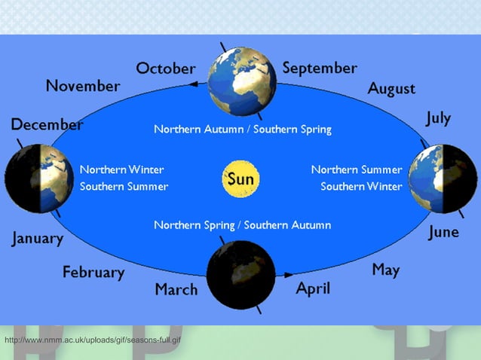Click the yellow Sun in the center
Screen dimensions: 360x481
(x=241, y=179)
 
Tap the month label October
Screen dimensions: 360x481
(x=165, y=69)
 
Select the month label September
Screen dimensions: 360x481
(x=320, y=69)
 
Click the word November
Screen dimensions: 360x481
(x=82, y=86)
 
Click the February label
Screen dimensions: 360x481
(x=93, y=273)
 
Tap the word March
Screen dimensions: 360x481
(x=176, y=290)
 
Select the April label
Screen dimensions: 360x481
(x=313, y=288)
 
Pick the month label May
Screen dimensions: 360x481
(x=385, y=270)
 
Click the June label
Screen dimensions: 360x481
(x=443, y=232)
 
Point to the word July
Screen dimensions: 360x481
(x=438, y=118)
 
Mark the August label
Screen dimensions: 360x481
(x=391, y=89)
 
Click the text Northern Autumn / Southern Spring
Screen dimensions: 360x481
(x=242, y=130)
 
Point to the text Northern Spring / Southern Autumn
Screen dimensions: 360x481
(x=242, y=225)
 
